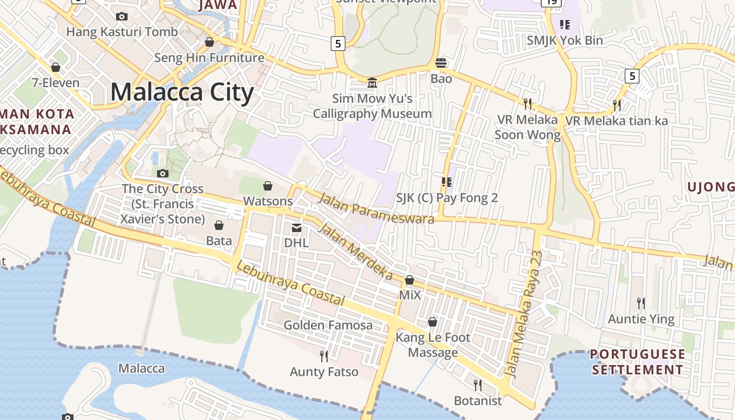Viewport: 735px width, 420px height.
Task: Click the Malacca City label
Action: click(182, 92)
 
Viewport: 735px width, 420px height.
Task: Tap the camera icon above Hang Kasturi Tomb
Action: click(122, 16)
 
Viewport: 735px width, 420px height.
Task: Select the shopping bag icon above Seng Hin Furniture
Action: click(209, 42)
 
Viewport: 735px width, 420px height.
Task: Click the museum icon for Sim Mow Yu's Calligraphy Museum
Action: click(372, 83)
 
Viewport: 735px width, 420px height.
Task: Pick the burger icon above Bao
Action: click(441, 63)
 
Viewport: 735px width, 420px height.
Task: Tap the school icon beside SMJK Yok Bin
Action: click(565, 24)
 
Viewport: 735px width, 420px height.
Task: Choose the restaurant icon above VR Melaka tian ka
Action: click(617, 105)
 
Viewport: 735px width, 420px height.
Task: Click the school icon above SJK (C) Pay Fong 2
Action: click(447, 182)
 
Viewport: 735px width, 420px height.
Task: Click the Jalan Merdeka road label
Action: click(356, 251)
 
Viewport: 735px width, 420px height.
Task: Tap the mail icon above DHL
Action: click(297, 227)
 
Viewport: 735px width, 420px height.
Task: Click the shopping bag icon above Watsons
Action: click(268, 185)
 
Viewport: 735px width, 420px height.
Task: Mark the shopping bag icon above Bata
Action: click(219, 225)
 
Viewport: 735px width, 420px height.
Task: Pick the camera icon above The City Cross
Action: click(163, 173)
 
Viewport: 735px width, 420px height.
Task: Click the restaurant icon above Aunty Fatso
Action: click(324, 356)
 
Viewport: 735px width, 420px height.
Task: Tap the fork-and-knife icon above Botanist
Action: click(478, 385)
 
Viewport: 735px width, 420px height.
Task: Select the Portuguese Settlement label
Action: click(638, 362)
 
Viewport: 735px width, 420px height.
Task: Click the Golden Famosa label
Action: click(328, 325)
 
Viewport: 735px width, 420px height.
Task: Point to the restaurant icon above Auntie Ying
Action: click(641, 303)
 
